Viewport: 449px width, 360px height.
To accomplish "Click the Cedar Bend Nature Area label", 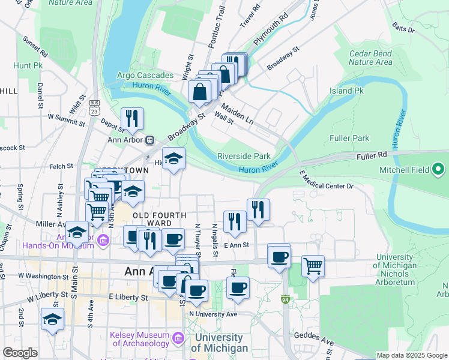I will pyautogui.click(x=370, y=58).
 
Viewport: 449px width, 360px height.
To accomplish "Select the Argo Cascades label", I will pyautogui.click(x=145, y=76).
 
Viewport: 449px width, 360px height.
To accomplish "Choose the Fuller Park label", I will pyautogui.click(x=349, y=138).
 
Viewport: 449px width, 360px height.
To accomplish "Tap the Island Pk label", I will pyautogui.click(x=346, y=91).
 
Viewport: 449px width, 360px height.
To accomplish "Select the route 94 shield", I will pyautogui.click(x=285, y=298).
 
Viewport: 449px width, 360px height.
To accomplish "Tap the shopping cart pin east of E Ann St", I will pyautogui.click(x=313, y=265).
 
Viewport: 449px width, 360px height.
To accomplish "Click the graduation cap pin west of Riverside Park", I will pyautogui.click(x=173, y=158).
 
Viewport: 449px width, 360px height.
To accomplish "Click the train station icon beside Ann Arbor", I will pyautogui.click(x=149, y=140).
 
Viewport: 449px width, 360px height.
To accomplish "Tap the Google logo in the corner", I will pyautogui.click(x=20, y=353).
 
